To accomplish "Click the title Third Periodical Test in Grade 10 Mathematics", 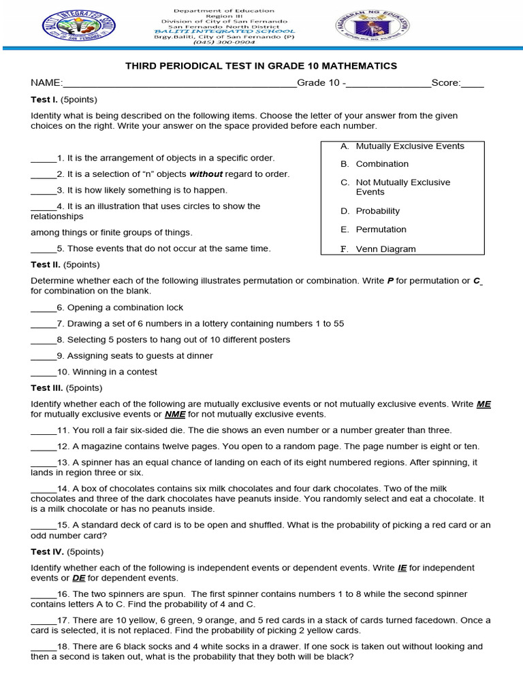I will coord(261,66).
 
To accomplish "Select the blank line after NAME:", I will coord(179,84).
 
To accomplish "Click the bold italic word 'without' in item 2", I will coord(206,174).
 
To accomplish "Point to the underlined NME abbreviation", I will coord(175,414).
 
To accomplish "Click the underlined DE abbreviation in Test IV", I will coord(78,578).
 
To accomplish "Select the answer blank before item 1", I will coord(44,159).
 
